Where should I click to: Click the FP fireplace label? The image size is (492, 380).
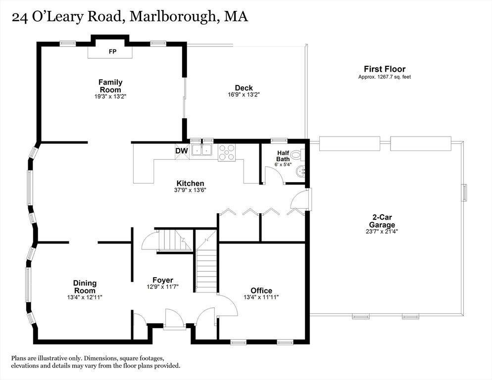(x=112, y=51)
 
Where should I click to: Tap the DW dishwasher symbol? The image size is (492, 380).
(x=182, y=151)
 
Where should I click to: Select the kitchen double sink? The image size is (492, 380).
(x=202, y=150)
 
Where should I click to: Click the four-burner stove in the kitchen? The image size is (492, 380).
(x=227, y=152)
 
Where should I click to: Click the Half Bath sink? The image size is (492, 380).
(x=300, y=171)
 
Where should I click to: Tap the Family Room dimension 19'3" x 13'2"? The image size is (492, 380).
(x=110, y=96)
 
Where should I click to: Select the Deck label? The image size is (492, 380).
(x=244, y=88)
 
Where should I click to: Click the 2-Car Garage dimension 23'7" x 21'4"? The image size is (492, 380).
(x=382, y=232)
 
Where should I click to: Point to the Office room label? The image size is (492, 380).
(x=261, y=290)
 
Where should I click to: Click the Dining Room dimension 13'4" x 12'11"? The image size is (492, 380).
(x=85, y=297)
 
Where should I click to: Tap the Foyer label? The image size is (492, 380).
(x=163, y=280)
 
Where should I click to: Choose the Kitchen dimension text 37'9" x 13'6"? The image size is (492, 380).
(x=190, y=190)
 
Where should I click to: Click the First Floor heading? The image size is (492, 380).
(x=385, y=69)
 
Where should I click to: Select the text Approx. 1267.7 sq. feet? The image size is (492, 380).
(x=385, y=77)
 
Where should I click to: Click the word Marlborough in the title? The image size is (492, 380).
(x=172, y=16)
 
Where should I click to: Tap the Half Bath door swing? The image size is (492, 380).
(x=274, y=174)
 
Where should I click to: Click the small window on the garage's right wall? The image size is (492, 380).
(x=464, y=192)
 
